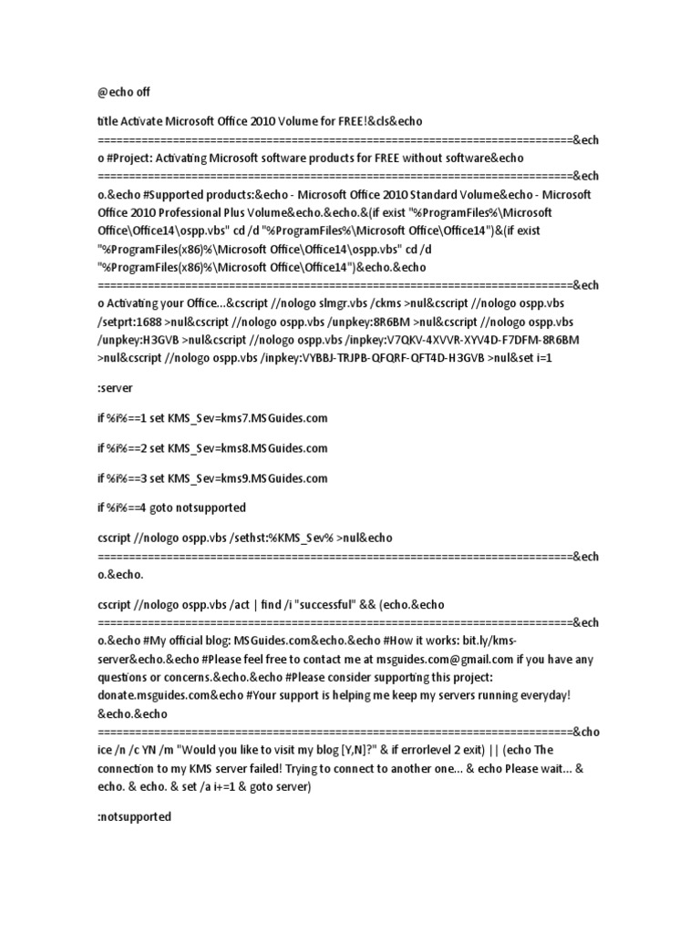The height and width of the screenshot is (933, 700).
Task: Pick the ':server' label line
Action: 115,387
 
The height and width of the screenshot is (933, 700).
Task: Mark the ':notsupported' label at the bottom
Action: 134,817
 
